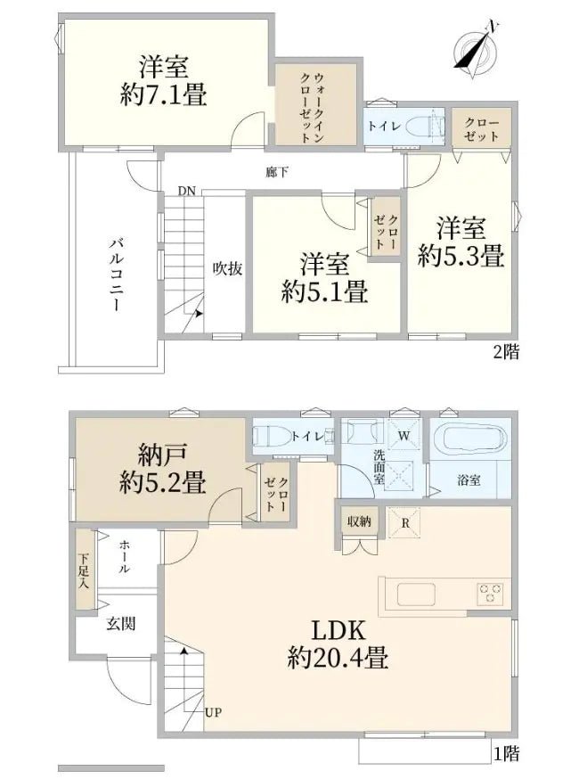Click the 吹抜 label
pos(227,267)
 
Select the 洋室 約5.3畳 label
pos(461,242)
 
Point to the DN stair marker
pos(186,190)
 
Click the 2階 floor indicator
pos(505,352)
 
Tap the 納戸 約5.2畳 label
pos(164,469)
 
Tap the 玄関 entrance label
pos(122,625)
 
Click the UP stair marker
pos(213,711)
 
